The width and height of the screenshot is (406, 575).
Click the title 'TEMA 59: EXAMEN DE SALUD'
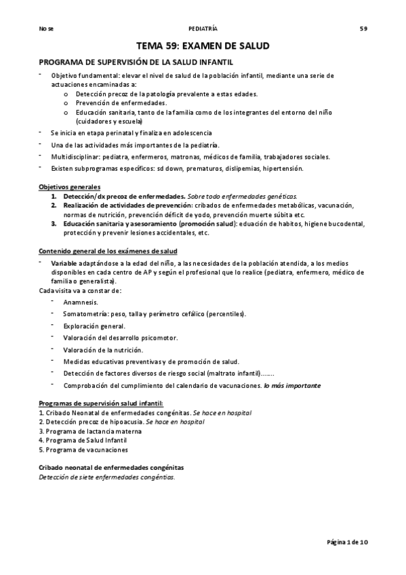pyautogui.click(x=203, y=46)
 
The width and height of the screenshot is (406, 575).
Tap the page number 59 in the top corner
pyautogui.click(x=363, y=28)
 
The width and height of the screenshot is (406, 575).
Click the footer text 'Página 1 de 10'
pyautogui.click(x=346, y=542)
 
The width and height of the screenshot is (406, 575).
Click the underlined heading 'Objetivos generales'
pyautogui.click(x=69, y=186)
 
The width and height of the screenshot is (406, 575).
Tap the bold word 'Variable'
pyautogui.click(x=64, y=262)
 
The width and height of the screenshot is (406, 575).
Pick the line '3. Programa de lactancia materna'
pyautogui.click(x=89, y=431)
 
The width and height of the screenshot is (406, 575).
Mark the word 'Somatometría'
pyautogui.click(x=85, y=314)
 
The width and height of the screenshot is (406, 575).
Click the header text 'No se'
pyautogui.click(x=46, y=28)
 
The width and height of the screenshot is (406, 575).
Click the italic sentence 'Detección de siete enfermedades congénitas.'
pyautogui.click(x=106, y=477)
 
